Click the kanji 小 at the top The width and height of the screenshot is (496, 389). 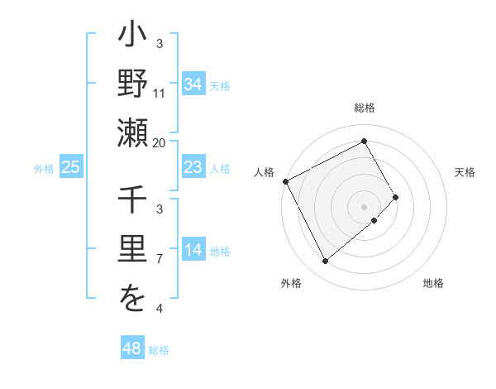(132, 38)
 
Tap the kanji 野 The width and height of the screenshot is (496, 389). (132, 84)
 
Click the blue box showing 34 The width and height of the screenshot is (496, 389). (193, 84)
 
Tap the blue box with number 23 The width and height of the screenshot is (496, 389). (193, 167)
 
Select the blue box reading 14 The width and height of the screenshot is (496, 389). (193, 251)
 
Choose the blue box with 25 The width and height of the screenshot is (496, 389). (71, 167)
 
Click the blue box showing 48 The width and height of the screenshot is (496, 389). (132, 348)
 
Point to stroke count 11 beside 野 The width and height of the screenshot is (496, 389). (160, 93)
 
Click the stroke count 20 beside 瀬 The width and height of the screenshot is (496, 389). (160, 142)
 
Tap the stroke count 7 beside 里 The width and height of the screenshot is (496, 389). (160, 259)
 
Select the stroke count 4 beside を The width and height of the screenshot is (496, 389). (160, 309)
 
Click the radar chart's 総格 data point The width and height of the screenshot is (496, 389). (365, 141)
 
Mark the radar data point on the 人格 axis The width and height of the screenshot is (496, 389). (285, 181)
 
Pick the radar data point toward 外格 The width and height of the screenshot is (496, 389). (326, 261)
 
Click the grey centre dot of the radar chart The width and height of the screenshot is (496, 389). (365, 205)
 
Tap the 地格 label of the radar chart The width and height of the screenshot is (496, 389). (433, 283)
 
